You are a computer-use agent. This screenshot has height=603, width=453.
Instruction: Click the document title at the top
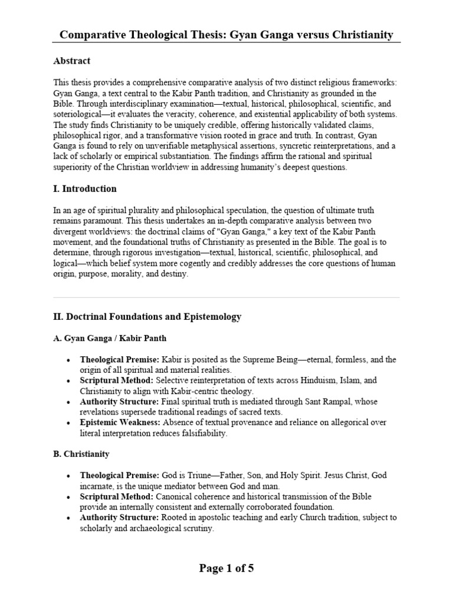226,35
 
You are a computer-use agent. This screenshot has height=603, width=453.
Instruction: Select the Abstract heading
71,61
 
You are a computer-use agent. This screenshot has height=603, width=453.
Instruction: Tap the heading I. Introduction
85,189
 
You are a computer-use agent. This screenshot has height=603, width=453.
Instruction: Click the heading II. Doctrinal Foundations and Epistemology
147,317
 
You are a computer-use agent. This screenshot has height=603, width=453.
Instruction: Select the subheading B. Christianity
81,455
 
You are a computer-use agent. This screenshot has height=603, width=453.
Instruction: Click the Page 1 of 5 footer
226,568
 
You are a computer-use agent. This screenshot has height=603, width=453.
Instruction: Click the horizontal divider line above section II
226,297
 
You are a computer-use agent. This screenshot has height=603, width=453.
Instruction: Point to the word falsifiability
201,433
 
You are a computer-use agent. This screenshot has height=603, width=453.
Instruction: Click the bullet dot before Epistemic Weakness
70,423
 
